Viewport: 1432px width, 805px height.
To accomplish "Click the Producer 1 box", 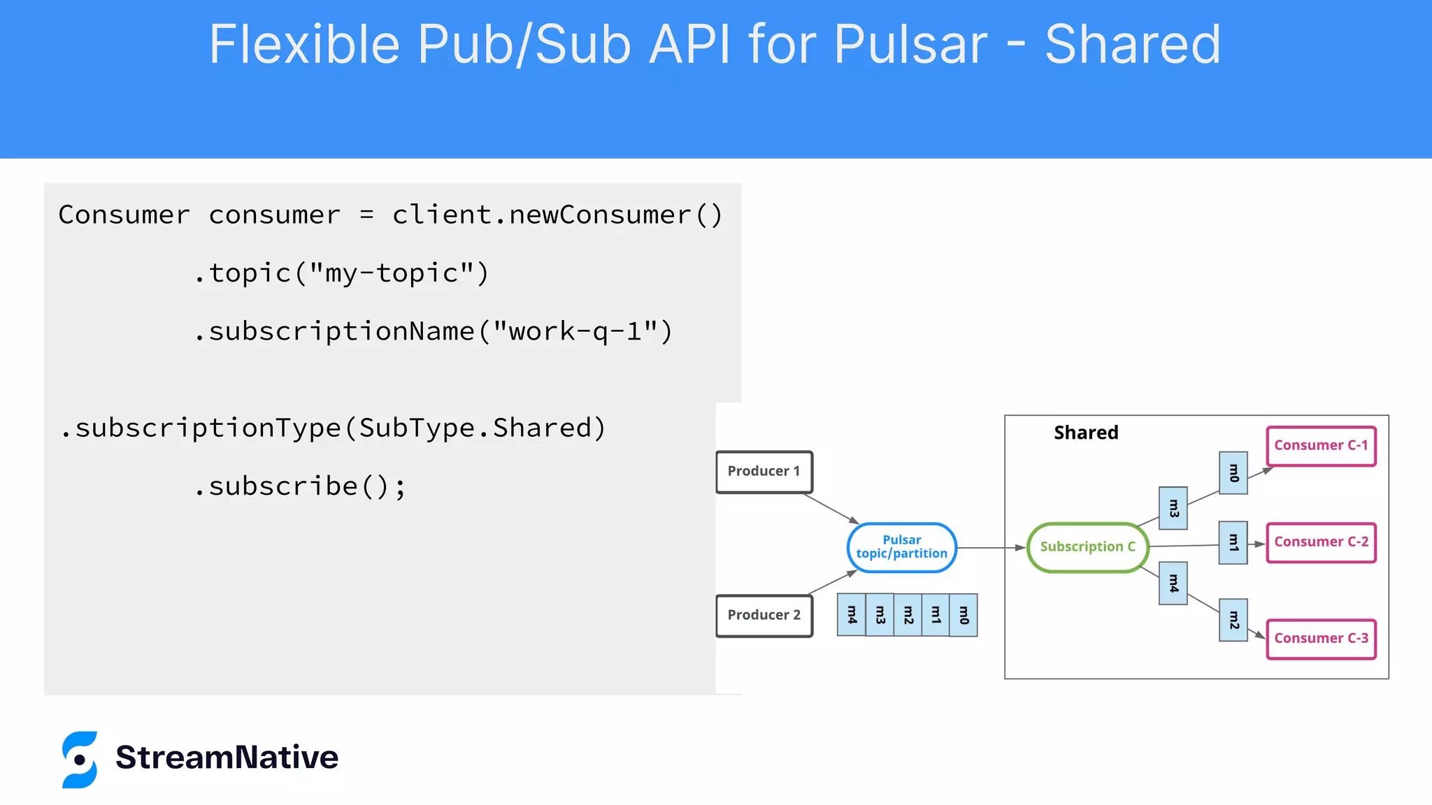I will point(764,472).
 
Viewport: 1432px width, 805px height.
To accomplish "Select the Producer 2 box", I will point(764,615).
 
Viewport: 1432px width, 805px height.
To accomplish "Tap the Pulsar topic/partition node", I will point(901,547).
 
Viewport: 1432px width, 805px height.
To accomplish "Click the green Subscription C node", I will point(1087,547).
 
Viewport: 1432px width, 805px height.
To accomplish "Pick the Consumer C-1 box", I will point(1321,446).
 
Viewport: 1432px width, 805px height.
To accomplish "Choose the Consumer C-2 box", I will point(1321,542).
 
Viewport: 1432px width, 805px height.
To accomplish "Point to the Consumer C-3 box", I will point(1321,639).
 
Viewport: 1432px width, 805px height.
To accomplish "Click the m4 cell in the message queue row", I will point(851,615).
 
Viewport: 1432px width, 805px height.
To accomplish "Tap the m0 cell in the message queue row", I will point(964,615).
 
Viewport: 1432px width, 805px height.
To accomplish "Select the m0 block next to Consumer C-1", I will point(1233,473).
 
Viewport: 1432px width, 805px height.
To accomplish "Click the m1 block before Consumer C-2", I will point(1233,542).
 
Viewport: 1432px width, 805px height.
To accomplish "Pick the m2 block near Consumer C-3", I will point(1233,620).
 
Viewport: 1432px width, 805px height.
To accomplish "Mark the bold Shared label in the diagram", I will point(1086,433).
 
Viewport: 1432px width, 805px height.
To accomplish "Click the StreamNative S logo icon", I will point(80,760).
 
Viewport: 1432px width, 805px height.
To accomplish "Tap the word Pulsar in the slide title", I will point(910,45).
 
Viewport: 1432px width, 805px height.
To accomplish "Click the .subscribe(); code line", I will point(301,486).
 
